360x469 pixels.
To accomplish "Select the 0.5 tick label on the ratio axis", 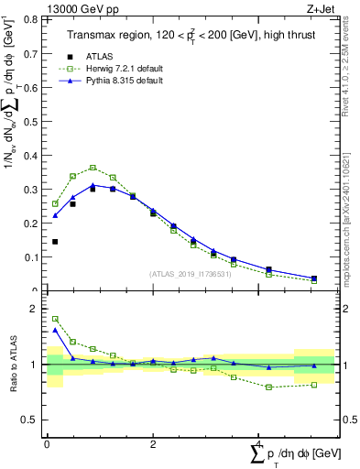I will point(33,420).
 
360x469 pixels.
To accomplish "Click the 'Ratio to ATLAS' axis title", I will point(14,365).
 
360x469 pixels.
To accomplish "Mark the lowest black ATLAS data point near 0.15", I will point(55,242).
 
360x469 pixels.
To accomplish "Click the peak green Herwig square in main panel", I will point(93,168).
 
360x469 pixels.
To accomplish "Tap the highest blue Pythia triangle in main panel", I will point(93,185).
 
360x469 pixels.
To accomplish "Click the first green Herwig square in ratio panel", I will point(55,319).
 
